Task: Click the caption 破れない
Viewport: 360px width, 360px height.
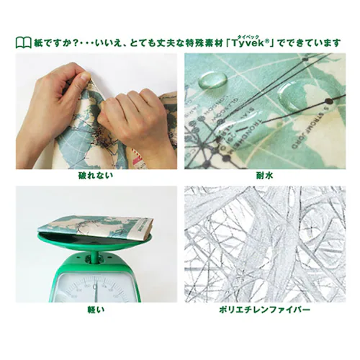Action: tap(96, 176)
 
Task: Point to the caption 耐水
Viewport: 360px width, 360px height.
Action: tap(262, 176)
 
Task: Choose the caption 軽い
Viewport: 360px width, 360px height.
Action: tap(96, 310)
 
